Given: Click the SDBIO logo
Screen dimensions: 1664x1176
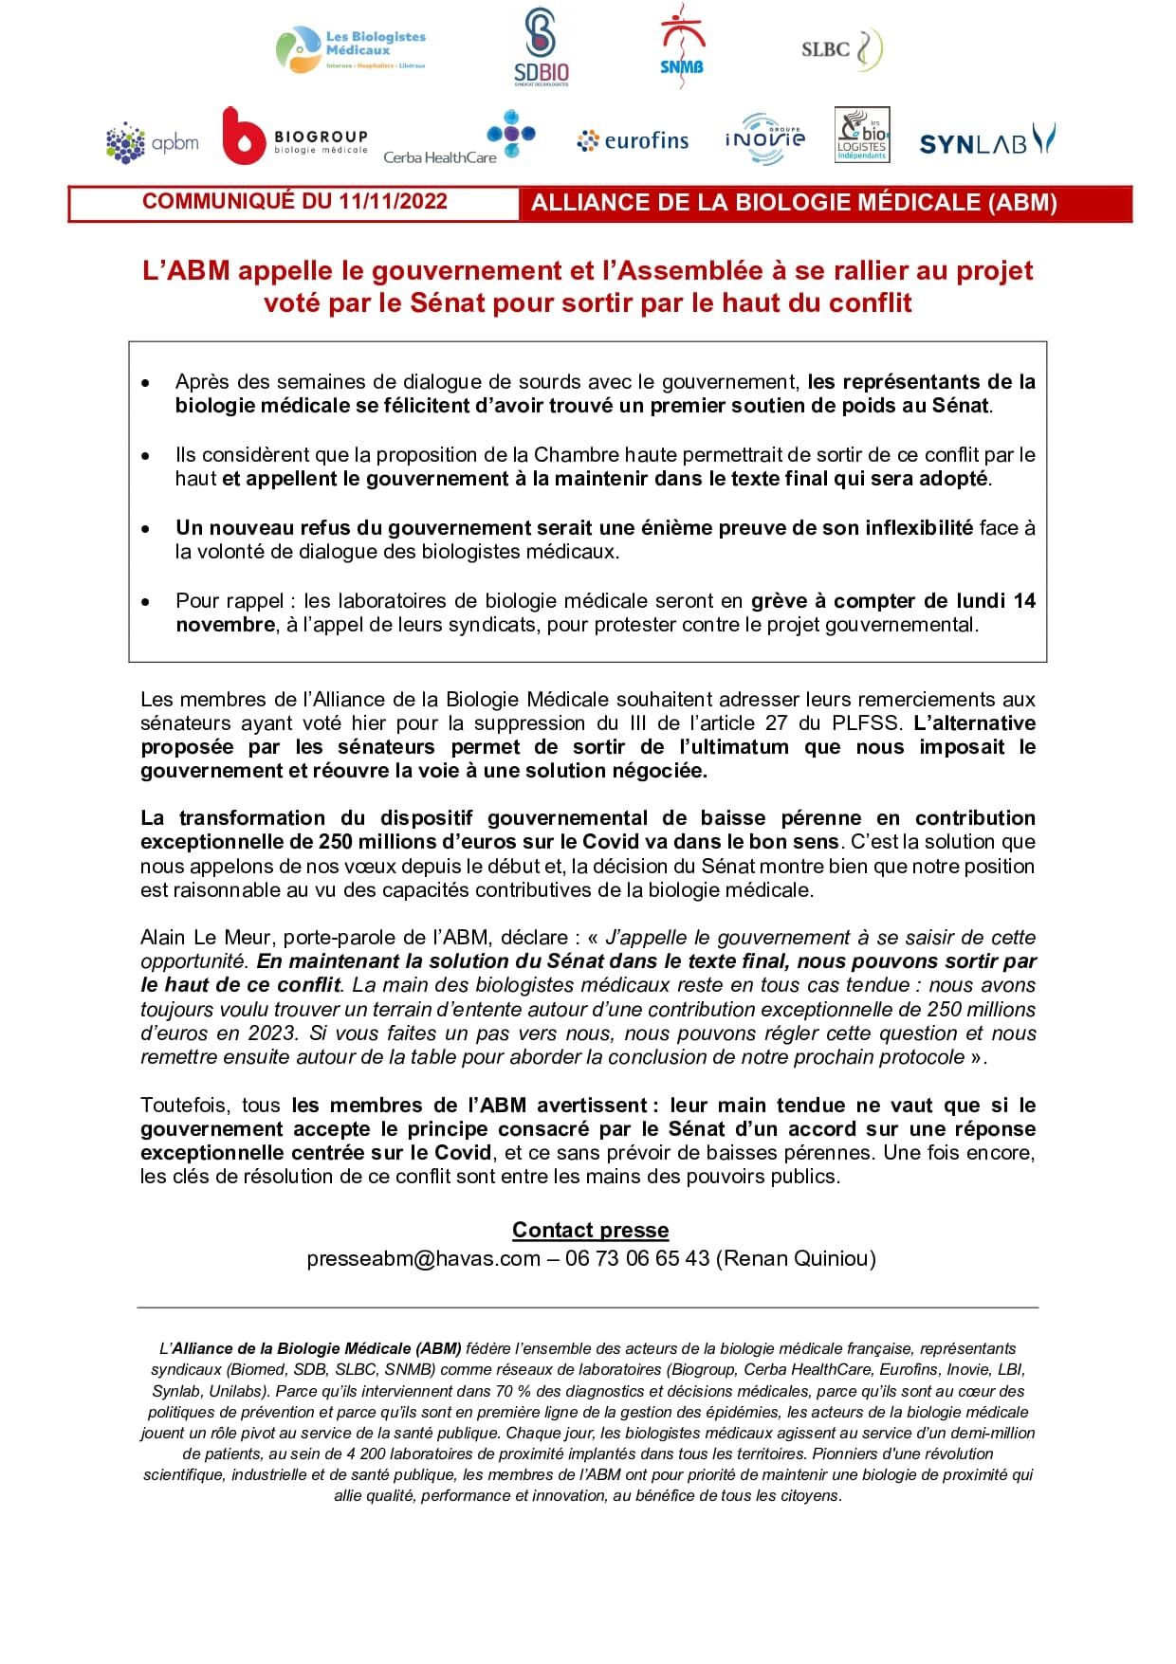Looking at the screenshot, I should pyautogui.click(x=541, y=47).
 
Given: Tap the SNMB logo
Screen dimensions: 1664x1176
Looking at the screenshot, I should pyautogui.click(x=682, y=46).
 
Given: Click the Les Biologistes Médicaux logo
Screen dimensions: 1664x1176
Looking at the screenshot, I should pyautogui.click(x=351, y=49).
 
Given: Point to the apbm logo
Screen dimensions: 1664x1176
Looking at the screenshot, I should pyautogui.click(x=153, y=143).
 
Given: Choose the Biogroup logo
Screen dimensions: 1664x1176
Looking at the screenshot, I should pyautogui.click(x=294, y=137).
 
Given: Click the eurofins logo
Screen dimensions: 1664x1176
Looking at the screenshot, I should pyautogui.click(x=633, y=141).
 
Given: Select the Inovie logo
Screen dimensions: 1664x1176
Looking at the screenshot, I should pyautogui.click(x=764, y=139).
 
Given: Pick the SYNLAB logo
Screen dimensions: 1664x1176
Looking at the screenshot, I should pyautogui.click(x=986, y=141).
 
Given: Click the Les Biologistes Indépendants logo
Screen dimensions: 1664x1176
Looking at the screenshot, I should pyautogui.click(x=862, y=136).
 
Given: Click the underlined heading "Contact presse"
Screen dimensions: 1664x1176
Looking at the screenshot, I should pyautogui.click(x=590, y=1230).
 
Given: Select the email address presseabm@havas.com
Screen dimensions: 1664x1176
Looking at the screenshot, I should pyautogui.click(x=423, y=1258).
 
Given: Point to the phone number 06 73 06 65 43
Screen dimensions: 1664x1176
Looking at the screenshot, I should pyautogui.click(x=637, y=1258).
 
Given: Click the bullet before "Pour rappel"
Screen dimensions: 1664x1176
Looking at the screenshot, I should pyautogui.click(x=145, y=601).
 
